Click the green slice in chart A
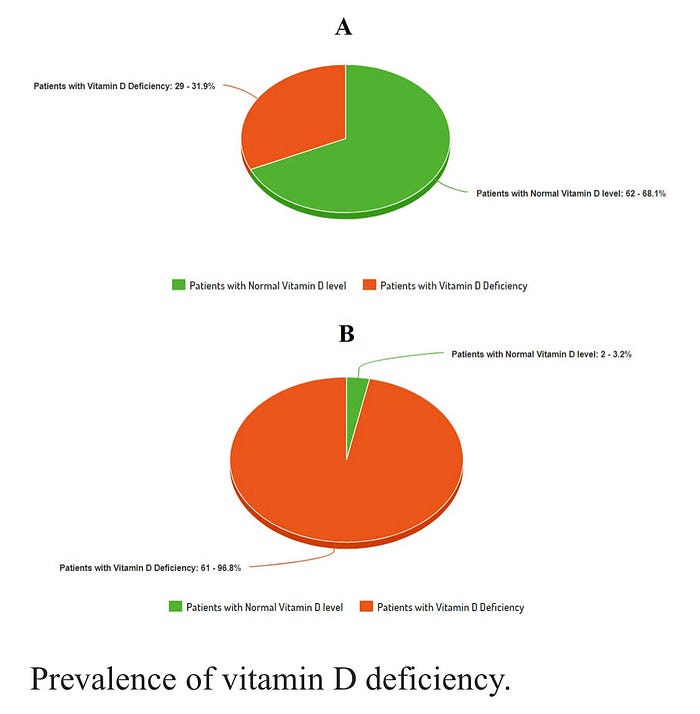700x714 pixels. pos(380,150)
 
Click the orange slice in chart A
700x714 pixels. pos(300,115)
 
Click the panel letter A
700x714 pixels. pos(343,28)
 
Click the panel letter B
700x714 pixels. pos(346,334)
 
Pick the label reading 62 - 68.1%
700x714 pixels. pos(570,193)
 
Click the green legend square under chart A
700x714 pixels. pos(179,285)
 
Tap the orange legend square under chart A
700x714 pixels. pos(369,285)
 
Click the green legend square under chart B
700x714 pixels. pos(176,607)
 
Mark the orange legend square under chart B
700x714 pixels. pos(366,607)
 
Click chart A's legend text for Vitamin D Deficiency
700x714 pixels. pos(454,285)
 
